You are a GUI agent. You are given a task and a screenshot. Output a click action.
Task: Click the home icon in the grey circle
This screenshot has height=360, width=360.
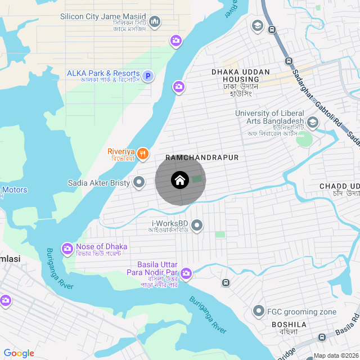(x=179, y=181)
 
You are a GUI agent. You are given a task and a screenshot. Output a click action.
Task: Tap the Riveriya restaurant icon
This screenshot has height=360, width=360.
(x=143, y=153)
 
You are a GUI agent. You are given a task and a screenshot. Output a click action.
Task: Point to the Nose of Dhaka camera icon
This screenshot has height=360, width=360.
(x=67, y=247)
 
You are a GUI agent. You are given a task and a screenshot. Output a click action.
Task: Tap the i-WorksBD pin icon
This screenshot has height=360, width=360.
(x=197, y=226)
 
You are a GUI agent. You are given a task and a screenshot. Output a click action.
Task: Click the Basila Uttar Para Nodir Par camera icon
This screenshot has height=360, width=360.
(x=186, y=274)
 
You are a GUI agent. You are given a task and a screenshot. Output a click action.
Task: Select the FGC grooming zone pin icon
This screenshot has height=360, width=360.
(x=259, y=310)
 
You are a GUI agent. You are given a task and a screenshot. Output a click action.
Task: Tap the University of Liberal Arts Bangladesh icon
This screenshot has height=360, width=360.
(x=312, y=122)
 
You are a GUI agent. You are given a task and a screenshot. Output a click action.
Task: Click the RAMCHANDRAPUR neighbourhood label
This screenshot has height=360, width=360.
(x=202, y=158)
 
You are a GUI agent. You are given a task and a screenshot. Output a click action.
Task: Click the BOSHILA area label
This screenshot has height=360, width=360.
(x=289, y=325)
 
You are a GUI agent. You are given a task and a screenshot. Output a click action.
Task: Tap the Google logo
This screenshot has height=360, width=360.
(x=19, y=353)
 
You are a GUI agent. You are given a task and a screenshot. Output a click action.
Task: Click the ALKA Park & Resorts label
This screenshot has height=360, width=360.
(x=103, y=74)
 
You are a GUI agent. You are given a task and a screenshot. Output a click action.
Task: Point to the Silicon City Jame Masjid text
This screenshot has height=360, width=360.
(x=103, y=17)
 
